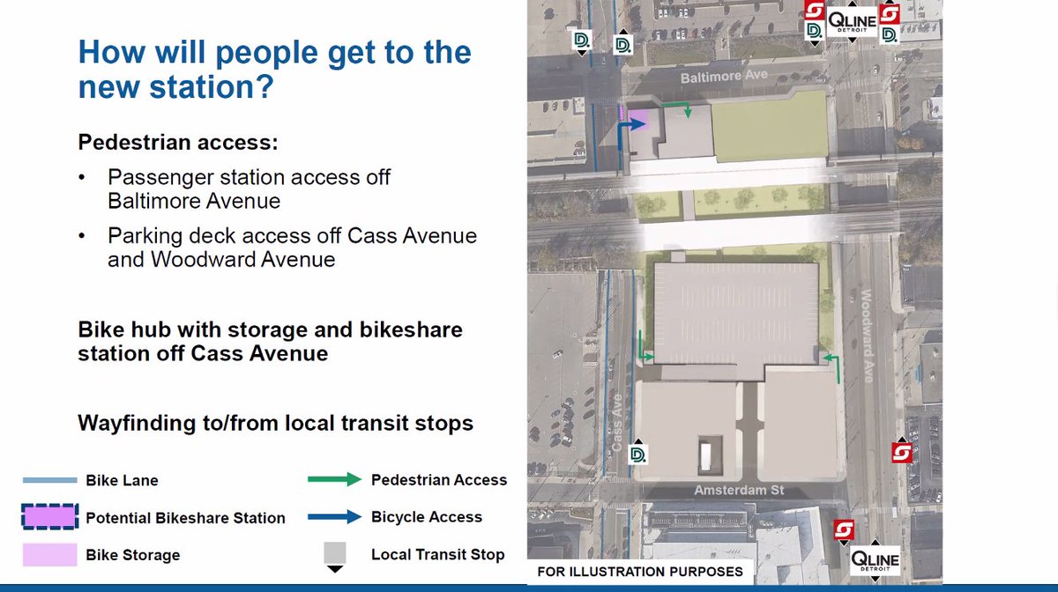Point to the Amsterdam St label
click(x=739, y=490)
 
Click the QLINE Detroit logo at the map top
click(x=851, y=21)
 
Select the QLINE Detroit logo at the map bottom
click(x=875, y=560)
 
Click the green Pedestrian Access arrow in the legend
click(x=334, y=480)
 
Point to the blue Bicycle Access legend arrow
click(x=334, y=517)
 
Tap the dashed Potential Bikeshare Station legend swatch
click(x=50, y=517)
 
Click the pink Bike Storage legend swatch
click(x=50, y=555)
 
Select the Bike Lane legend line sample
click(x=50, y=481)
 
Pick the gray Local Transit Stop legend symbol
click(x=334, y=555)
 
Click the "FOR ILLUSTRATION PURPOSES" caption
click(x=640, y=572)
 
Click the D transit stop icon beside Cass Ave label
click(x=638, y=454)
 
